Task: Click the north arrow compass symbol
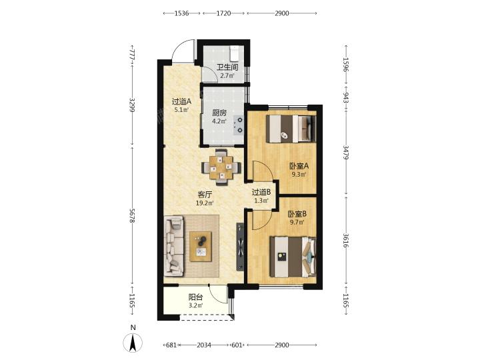tap(132, 342)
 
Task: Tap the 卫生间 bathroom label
tap(227, 67)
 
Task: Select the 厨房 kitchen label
tap(219, 113)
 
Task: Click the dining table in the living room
tap(221, 167)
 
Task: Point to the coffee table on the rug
tap(201, 247)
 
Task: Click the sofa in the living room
tap(173, 246)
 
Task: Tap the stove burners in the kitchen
tap(238, 125)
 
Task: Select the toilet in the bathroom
tap(235, 53)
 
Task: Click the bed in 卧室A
tap(291, 129)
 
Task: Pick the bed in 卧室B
tap(293, 257)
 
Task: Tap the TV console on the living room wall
tap(240, 247)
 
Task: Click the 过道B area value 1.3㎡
tap(261, 201)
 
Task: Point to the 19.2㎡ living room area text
tap(205, 203)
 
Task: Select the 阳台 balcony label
tap(195, 297)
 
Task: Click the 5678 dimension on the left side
tap(132, 216)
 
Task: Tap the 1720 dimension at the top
tap(223, 13)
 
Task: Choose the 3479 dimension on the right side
tap(345, 153)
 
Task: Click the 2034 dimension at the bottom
tap(204, 345)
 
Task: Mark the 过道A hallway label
tap(181, 101)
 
